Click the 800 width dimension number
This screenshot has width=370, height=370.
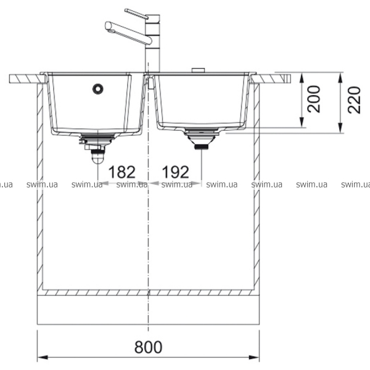pyautogui.click(x=148, y=347)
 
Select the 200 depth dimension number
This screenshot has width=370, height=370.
pyautogui.click(x=314, y=99)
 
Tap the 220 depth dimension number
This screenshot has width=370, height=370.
pyautogui.click(x=354, y=100)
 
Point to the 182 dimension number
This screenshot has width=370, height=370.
pyautogui.click(x=121, y=172)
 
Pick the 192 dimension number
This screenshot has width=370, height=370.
pyautogui.click(x=175, y=172)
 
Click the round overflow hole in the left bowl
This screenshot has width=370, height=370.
pyautogui.click(x=97, y=89)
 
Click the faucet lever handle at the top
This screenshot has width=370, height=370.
pyautogui.click(x=136, y=14)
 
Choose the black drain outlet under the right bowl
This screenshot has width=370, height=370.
pyautogui.click(x=201, y=147)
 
